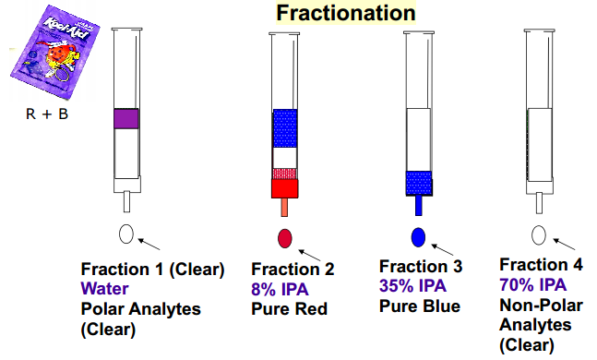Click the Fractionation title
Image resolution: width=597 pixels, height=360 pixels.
click(x=346, y=13)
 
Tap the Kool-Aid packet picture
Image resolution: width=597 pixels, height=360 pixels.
click(x=54, y=53)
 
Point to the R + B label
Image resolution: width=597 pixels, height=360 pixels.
click(x=47, y=114)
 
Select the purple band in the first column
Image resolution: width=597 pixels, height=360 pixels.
click(x=126, y=119)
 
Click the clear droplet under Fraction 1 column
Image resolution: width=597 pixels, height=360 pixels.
click(x=126, y=234)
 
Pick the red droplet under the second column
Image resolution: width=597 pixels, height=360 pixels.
click(x=285, y=238)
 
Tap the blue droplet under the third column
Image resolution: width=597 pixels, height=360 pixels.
click(x=418, y=237)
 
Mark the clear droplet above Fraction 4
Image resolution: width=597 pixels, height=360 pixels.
click(x=539, y=235)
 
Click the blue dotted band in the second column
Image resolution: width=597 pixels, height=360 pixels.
click(x=285, y=128)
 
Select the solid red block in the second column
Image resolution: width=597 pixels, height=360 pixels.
click(x=284, y=188)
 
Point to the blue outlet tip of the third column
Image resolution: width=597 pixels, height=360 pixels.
click(x=418, y=206)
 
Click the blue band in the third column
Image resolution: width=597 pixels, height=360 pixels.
click(x=419, y=184)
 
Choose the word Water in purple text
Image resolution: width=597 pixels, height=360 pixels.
click(x=104, y=288)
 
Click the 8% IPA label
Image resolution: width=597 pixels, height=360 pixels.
click(x=280, y=290)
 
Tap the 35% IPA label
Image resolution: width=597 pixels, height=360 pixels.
click(x=412, y=286)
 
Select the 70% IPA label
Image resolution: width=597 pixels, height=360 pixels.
click(x=533, y=285)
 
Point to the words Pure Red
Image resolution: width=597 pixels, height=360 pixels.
click(x=290, y=309)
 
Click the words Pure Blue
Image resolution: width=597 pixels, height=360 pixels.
click(x=420, y=306)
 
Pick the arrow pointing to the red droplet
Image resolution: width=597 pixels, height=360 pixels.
click(x=309, y=256)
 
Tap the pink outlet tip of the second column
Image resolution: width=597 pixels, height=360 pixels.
click(x=284, y=208)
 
